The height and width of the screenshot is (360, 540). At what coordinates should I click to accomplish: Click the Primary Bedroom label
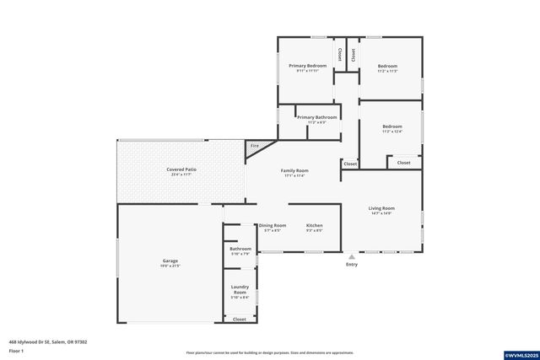(307, 66)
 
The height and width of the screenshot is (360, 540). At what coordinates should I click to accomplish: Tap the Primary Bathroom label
(317, 117)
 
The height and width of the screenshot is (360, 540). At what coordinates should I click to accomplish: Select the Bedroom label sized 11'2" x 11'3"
(387, 66)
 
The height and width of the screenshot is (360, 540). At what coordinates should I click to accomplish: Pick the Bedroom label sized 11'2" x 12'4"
(391, 126)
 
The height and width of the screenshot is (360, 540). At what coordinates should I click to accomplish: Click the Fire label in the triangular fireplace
(254, 146)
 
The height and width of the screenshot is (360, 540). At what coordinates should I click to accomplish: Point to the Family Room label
(294, 171)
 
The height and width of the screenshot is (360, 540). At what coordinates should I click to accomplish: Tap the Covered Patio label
(181, 169)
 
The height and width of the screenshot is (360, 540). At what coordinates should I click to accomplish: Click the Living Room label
(381, 208)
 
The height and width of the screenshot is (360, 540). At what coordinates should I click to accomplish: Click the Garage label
(170, 261)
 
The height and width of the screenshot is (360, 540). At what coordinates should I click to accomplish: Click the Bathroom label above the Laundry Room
(240, 249)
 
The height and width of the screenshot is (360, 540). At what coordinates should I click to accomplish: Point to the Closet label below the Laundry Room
(240, 320)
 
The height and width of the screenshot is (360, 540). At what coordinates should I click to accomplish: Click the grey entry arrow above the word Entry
(352, 256)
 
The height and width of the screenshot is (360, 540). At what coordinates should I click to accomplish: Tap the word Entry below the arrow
(352, 265)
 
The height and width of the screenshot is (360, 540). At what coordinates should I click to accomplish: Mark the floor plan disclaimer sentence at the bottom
(269, 352)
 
